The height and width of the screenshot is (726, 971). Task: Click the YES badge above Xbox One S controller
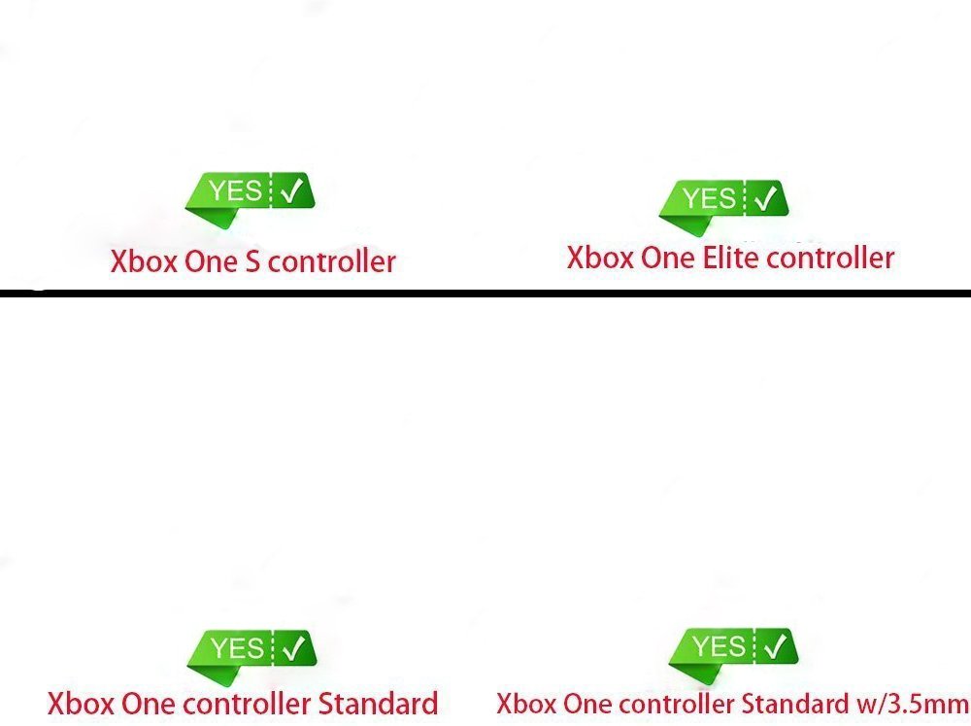tap(251, 198)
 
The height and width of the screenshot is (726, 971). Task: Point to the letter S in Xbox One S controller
tap(252, 261)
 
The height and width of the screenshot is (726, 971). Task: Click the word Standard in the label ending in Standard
tap(378, 703)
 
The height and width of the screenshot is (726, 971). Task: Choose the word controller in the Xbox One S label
tap(332, 261)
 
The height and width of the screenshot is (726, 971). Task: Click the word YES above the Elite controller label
tap(709, 198)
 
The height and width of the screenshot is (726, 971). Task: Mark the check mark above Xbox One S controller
tap(291, 190)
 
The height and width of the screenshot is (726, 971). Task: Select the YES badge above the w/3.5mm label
tap(733, 654)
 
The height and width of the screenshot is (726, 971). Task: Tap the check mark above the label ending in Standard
tap(293, 648)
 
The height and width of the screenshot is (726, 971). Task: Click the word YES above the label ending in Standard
tap(237, 648)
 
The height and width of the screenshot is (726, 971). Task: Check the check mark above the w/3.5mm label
tap(775, 646)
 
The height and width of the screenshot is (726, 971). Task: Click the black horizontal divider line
tap(485, 294)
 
